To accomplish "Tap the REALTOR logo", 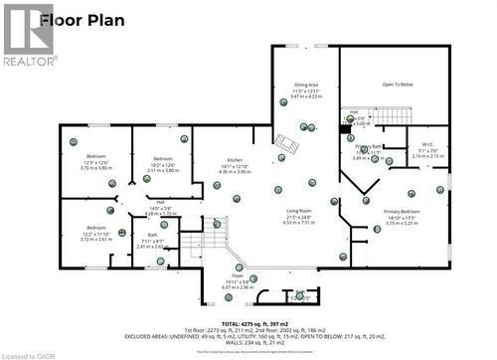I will click(27, 34).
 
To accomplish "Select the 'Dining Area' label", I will click(306, 86).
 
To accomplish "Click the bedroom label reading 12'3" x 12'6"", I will click(96, 158).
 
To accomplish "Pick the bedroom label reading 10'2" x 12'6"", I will click(162, 159).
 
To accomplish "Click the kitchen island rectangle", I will click(286, 145).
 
